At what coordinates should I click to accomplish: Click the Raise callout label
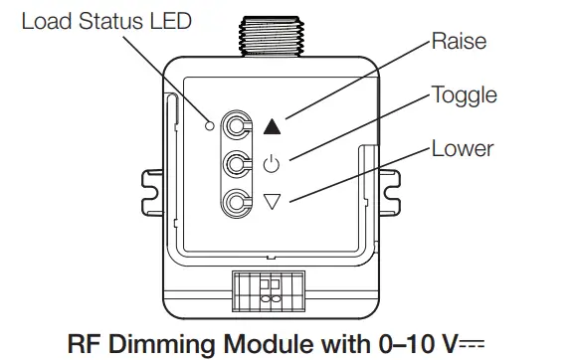coord(459,43)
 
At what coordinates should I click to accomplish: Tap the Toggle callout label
coord(464,95)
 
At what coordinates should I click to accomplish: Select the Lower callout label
coord(462,149)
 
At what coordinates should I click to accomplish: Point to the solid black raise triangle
coord(274,125)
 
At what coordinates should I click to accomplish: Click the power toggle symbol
coord(274,163)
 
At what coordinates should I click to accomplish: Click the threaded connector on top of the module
coord(275,32)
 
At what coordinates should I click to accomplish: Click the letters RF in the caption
coord(83,342)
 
